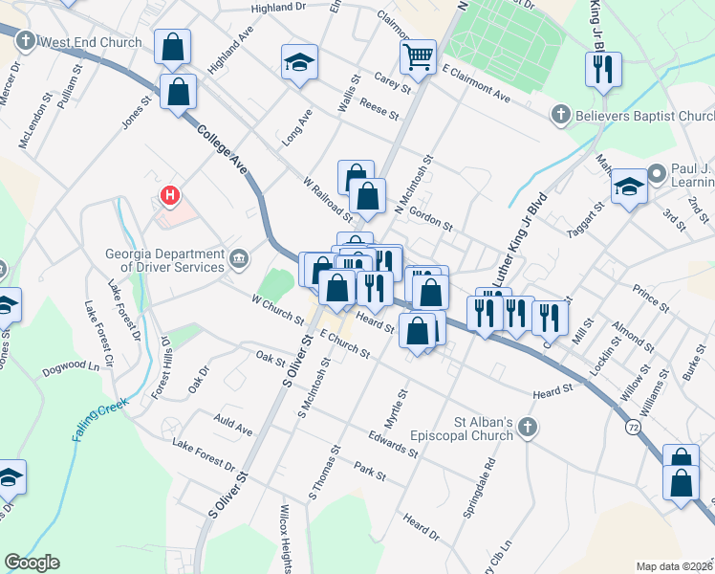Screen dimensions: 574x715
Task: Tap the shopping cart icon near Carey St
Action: tap(418, 56)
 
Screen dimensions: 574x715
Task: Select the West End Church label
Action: tap(92, 42)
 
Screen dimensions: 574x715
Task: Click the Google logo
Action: tap(32, 563)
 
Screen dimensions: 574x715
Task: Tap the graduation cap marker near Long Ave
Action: tap(299, 62)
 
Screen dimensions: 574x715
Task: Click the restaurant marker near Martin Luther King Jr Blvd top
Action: tap(603, 69)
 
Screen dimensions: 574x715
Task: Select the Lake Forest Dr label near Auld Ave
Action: tap(204, 455)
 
